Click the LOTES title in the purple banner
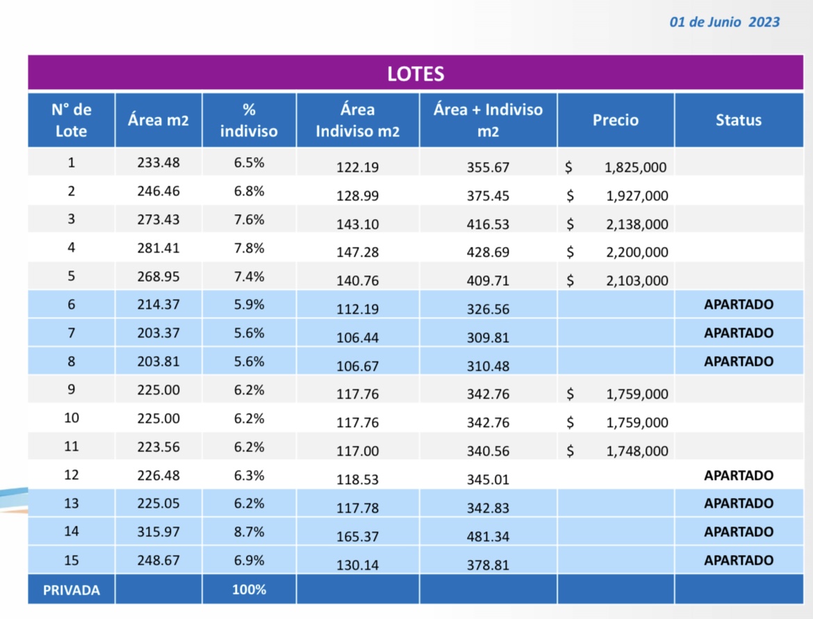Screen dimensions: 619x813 click(x=416, y=74)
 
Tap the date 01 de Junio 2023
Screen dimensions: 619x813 click(x=724, y=22)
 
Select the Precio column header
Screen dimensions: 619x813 click(x=615, y=120)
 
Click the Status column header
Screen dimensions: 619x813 click(x=738, y=120)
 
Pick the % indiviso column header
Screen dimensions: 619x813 click(x=249, y=120)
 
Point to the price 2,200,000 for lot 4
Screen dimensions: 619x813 click(x=637, y=252)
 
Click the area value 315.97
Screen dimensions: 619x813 click(x=158, y=532)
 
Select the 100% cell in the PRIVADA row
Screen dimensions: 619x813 click(x=249, y=590)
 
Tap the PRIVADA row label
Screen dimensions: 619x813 click(x=71, y=590)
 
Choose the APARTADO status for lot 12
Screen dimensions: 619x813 click(x=738, y=476)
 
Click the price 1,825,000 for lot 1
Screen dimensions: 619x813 click(x=636, y=168)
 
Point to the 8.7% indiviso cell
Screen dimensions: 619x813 click(x=249, y=532)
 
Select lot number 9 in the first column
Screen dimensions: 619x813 click(x=71, y=389)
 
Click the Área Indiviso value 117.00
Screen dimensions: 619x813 click(x=357, y=451)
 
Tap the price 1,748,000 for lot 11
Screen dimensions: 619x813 click(x=637, y=451)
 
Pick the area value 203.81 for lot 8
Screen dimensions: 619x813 click(x=158, y=362)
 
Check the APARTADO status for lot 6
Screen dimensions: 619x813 click(x=738, y=305)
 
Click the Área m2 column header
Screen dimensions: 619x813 click(x=158, y=120)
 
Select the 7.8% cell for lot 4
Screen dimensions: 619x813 click(x=249, y=248)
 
